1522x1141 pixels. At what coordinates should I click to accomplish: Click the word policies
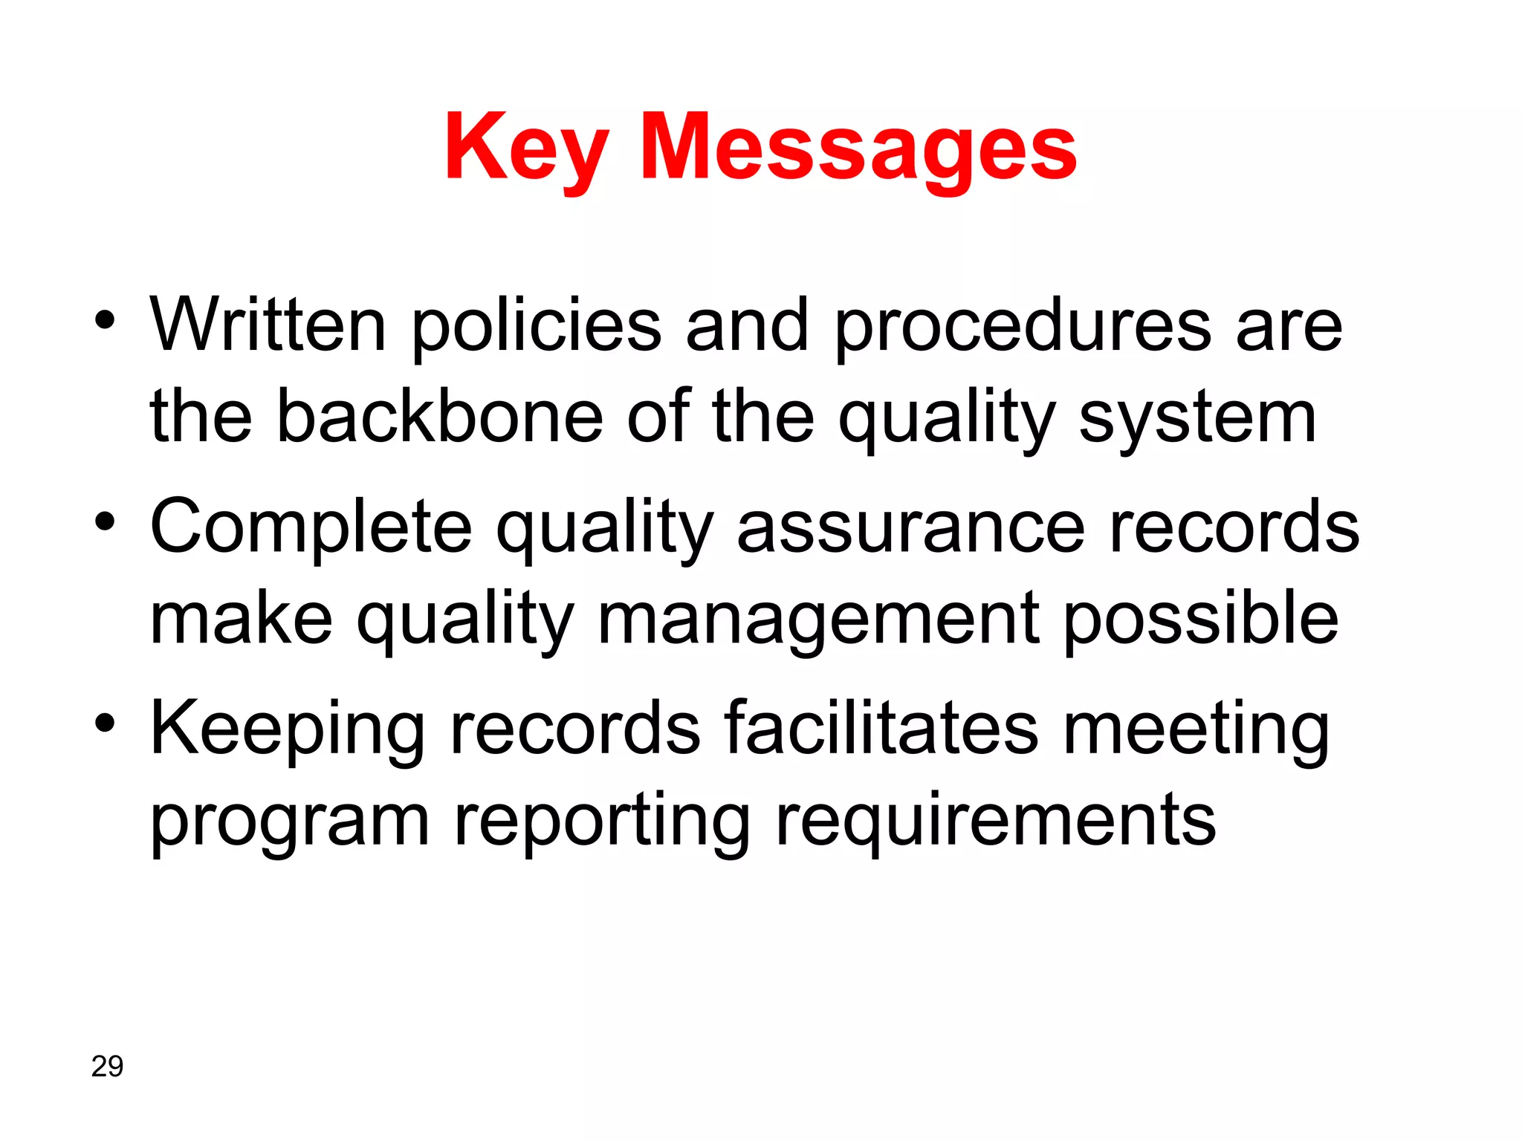point(536,327)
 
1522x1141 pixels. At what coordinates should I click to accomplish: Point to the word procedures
point(1023,327)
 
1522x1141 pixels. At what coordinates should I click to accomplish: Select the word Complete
point(311,528)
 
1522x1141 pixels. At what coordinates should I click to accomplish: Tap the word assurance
point(910,528)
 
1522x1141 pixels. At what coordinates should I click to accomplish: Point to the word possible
point(1201,620)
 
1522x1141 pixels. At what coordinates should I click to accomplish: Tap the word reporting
point(602,823)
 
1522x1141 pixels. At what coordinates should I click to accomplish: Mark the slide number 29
point(107,1066)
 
